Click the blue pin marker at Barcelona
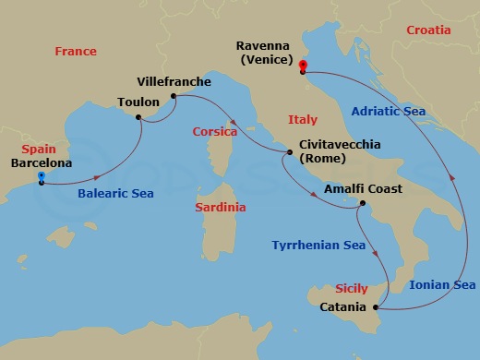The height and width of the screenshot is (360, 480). (41, 178)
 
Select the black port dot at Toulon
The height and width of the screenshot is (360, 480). (138, 117)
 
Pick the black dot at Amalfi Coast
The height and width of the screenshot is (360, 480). (362, 204)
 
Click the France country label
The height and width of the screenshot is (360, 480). (76, 52)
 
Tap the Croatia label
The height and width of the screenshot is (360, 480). (429, 30)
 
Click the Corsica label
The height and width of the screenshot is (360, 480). (215, 132)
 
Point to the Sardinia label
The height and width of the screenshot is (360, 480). (221, 208)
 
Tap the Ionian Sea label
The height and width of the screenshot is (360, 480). (442, 285)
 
